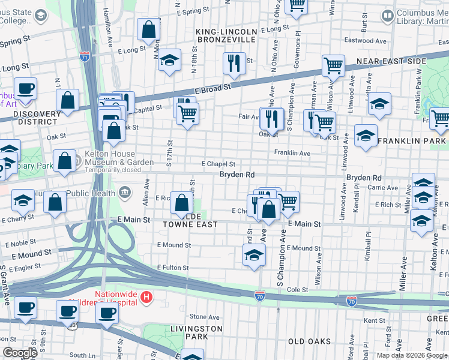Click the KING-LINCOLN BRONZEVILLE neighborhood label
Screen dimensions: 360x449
coord(226,35)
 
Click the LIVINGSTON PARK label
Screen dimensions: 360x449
coord(196,333)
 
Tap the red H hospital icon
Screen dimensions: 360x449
coord(146,297)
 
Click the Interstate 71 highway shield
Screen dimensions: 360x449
coord(85,57)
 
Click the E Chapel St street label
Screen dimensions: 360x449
coord(218,164)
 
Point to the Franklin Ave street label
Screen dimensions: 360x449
coord(292,154)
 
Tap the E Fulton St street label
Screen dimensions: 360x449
coord(173,268)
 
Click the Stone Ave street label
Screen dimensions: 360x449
coord(205,317)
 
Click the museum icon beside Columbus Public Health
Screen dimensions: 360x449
coord(125,192)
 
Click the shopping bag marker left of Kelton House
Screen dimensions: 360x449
coord(64,161)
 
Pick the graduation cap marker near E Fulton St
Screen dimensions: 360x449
coord(254,255)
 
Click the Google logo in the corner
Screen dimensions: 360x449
coord(19,353)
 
